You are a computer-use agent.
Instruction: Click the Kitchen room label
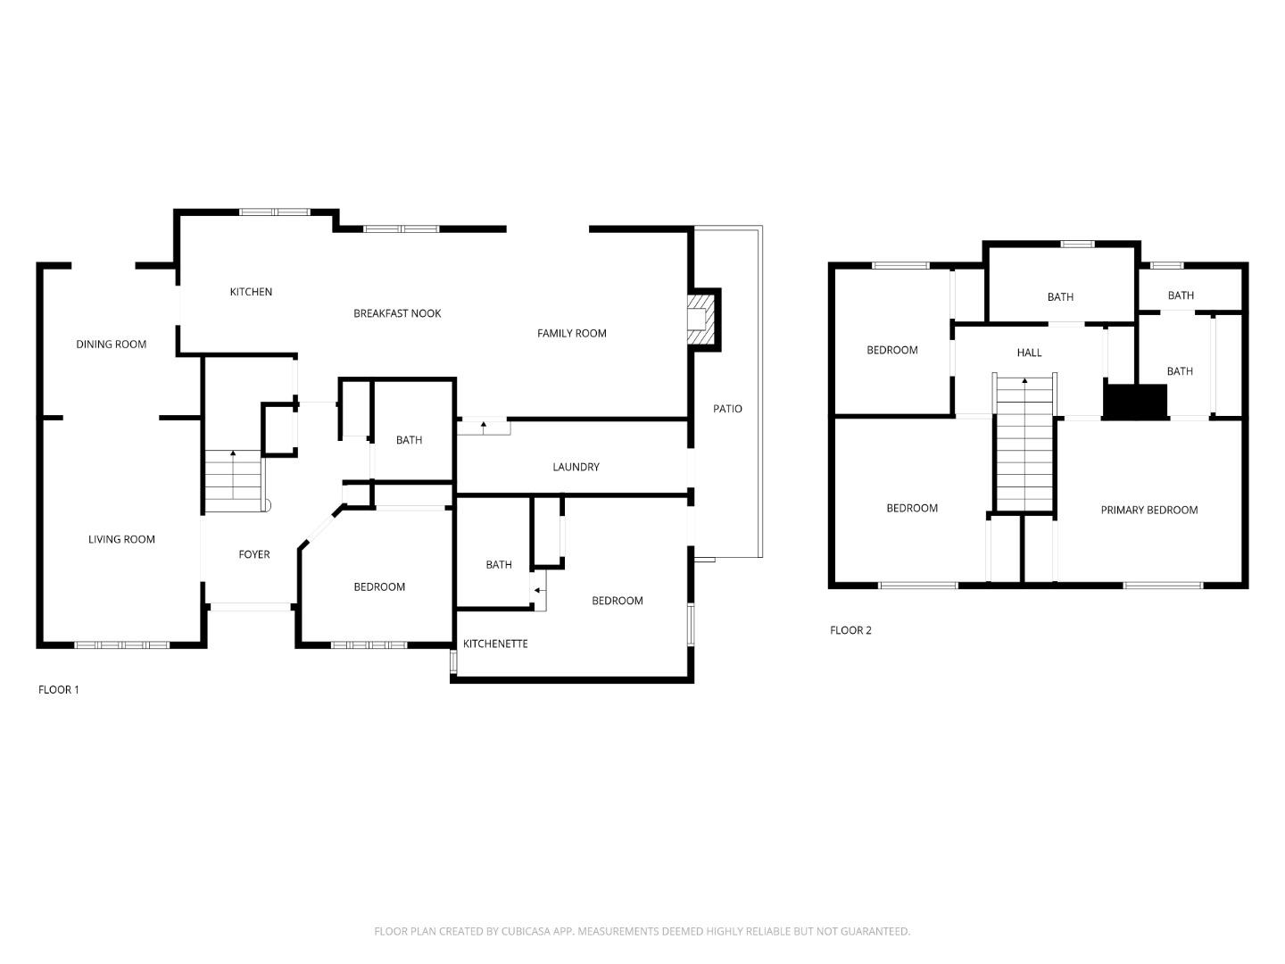click(251, 292)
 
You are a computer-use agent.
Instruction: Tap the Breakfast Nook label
click(397, 313)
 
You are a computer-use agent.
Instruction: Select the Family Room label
click(571, 333)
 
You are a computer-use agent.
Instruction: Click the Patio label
click(727, 409)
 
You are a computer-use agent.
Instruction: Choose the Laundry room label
click(576, 467)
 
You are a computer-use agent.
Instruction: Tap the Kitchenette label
click(495, 644)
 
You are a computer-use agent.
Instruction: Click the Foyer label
click(253, 554)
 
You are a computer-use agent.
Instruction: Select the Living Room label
click(121, 539)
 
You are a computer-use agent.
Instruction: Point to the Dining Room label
click(111, 345)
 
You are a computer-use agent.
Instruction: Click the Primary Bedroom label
click(1148, 511)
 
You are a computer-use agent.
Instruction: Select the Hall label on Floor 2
click(1029, 353)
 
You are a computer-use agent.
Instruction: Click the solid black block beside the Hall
click(1135, 401)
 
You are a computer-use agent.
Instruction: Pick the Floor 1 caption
click(59, 690)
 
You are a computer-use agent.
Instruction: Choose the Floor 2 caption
click(850, 630)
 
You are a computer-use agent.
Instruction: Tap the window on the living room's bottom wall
click(121, 644)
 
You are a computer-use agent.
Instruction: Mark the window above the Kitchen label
click(274, 212)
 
